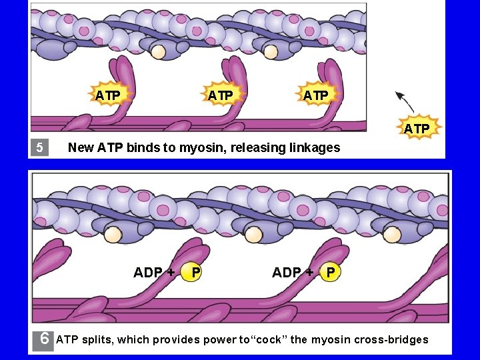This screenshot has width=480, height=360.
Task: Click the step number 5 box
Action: (39, 147)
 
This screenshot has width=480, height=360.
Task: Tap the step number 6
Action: (44, 338)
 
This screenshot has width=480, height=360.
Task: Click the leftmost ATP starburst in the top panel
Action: (108, 95)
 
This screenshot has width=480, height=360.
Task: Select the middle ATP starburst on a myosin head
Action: (221, 95)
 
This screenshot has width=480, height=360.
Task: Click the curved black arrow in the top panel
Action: (405, 102)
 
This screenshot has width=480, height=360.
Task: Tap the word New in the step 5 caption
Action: (81, 147)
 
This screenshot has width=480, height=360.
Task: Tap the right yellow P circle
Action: (331, 272)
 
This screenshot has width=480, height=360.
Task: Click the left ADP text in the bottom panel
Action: (148, 272)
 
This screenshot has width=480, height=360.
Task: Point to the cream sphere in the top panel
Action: (158, 51)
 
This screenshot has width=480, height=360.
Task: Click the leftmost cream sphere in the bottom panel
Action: (113, 234)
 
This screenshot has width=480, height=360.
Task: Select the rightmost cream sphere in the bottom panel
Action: (392, 235)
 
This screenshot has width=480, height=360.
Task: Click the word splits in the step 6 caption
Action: (98, 339)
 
